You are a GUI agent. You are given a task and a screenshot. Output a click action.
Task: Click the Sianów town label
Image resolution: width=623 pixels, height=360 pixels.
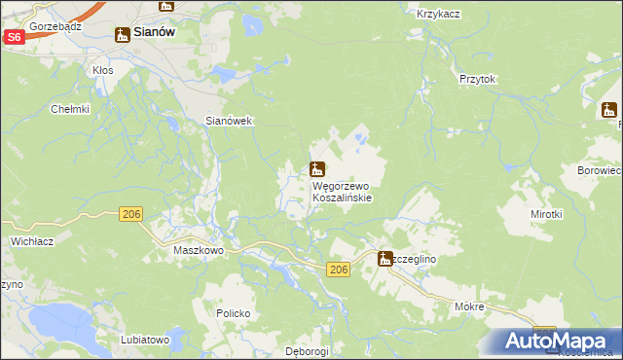[x=153, y=32]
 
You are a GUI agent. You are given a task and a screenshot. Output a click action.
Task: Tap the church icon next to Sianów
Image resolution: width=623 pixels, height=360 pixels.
[x=123, y=35]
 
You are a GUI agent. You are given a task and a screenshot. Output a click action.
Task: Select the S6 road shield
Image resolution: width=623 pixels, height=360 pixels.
[x=14, y=37]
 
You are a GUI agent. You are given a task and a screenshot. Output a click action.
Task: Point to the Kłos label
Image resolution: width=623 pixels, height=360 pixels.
[x=102, y=71]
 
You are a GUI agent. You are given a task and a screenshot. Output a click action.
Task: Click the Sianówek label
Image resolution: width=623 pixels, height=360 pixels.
[x=229, y=121]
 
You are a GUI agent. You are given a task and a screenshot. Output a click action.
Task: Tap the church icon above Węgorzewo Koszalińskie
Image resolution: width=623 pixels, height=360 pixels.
[x=316, y=168]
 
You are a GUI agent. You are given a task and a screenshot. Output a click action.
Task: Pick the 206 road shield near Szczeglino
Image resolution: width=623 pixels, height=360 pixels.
[x=338, y=270]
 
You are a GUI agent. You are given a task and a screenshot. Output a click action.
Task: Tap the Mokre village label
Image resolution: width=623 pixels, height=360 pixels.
[x=469, y=306]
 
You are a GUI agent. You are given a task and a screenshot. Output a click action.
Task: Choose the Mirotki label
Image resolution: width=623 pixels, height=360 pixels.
[x=546, y=213]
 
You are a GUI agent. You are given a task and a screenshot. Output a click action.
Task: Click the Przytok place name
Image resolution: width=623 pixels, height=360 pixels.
[x=478, y=80]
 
